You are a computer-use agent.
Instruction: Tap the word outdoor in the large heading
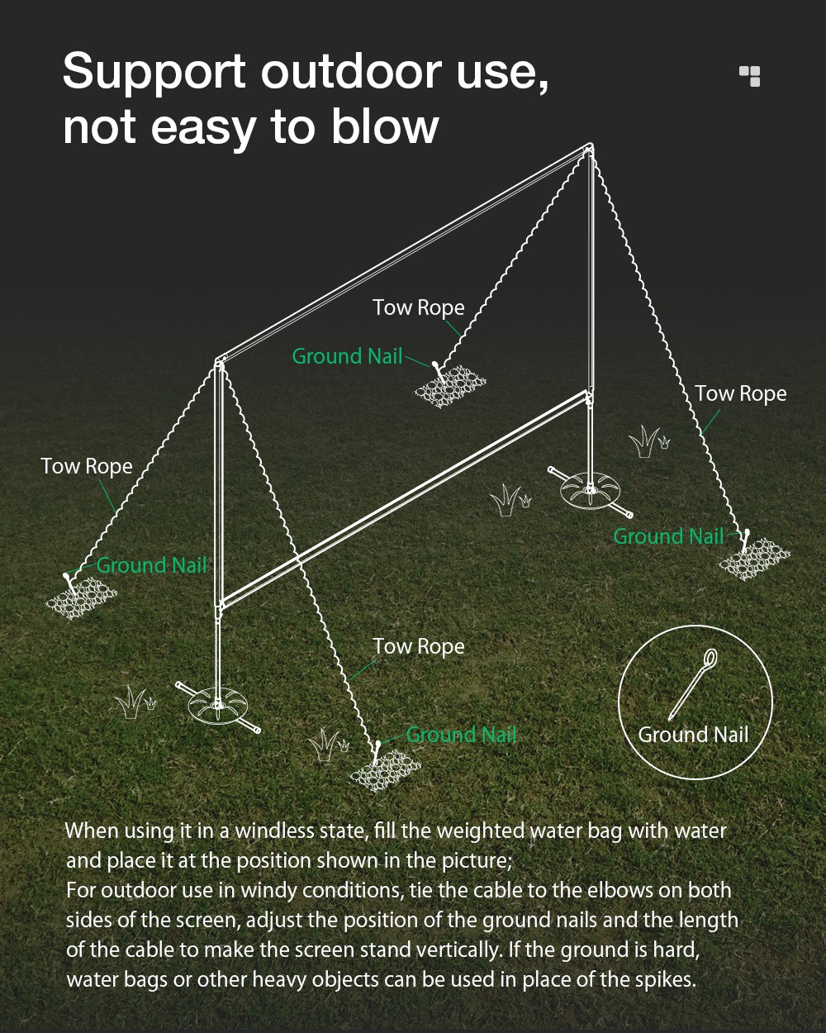pyautogui.click(x=351, y=71)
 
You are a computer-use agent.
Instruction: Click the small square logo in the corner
pyautogui.click(x=750, y=76)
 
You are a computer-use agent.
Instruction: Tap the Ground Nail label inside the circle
pyautogui.click(x=693, y=735)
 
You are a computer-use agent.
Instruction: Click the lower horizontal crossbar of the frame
pyautogui.click(x=404, y=499)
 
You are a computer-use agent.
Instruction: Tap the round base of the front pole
pyautogui.click(x=219, y=705)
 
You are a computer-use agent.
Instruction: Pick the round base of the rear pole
pyautogui.click(x=591, y=490)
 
